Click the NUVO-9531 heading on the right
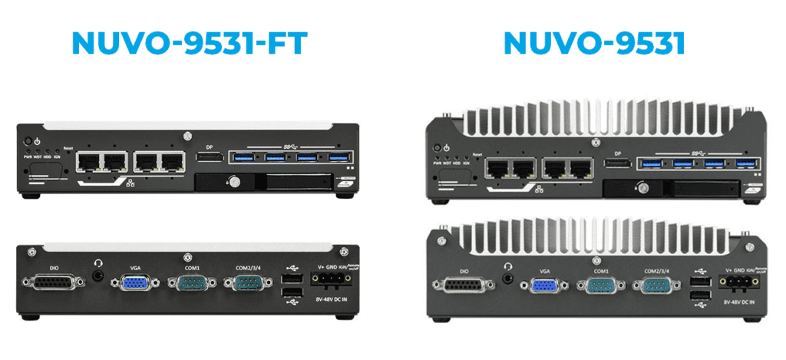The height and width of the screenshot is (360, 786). tap(593, 43)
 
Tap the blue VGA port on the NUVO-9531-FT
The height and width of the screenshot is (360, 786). tap(131, 283)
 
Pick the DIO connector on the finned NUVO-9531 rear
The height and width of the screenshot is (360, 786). tap(461, 288)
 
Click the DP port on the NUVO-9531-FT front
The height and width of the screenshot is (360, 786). tap(209, 157)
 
